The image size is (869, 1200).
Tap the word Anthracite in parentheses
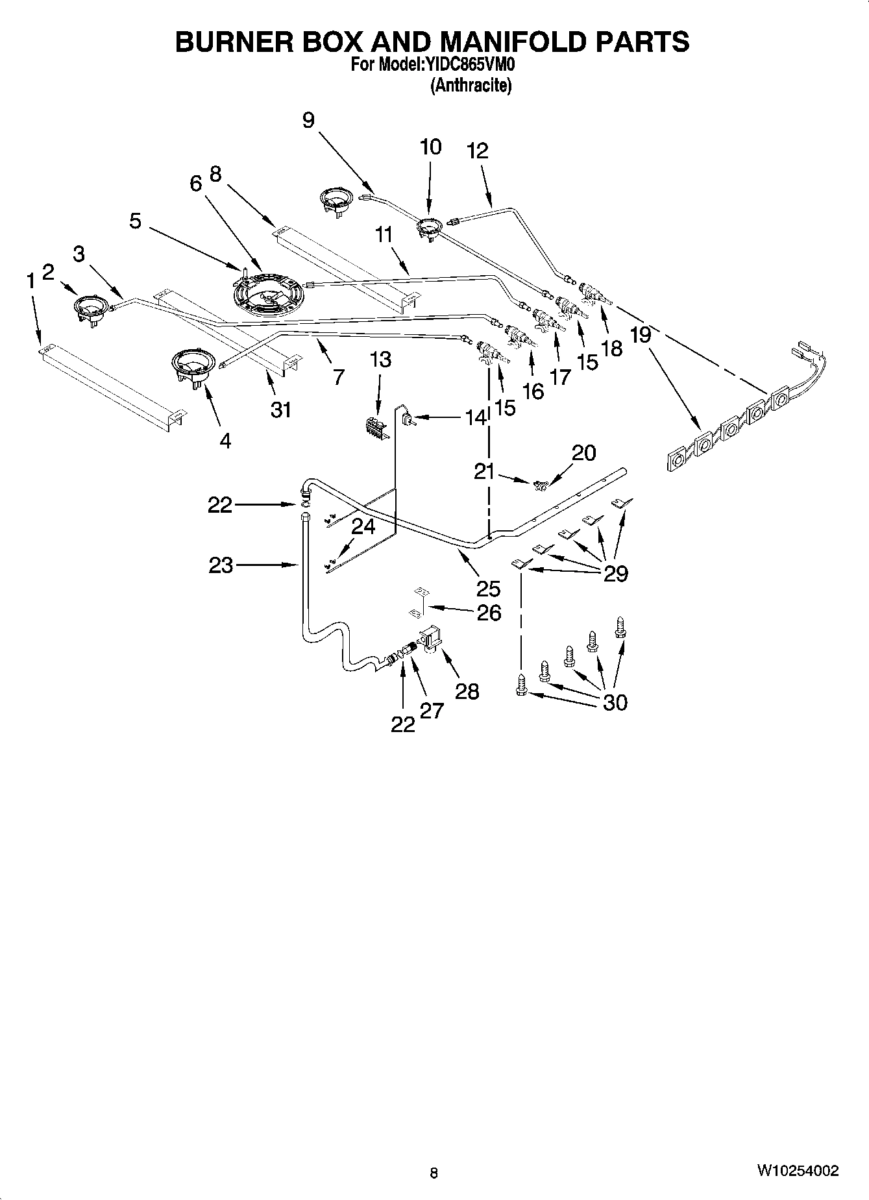[471, 86]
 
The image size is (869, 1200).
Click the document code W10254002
[797, 1171]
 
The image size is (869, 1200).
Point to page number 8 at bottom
[434, 1173]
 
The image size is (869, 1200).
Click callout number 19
[641, 336]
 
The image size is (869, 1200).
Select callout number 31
[280, 410]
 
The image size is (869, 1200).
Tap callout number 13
[380, 359]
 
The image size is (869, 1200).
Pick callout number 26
[489, 612]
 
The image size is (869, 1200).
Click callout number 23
[221, 565]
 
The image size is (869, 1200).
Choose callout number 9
[308, 119]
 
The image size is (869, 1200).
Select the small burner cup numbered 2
[89, 307]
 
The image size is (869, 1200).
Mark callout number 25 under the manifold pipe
[488, 589]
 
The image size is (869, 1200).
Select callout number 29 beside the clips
[615, 573]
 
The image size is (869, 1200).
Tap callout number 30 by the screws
[615, 702]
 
